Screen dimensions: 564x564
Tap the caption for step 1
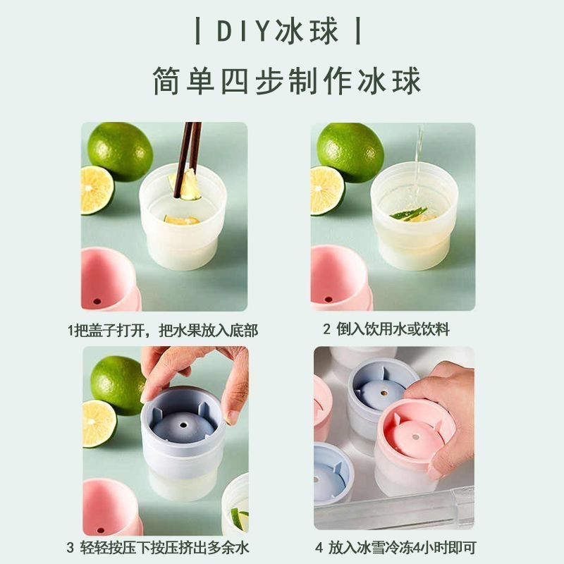(163, 330)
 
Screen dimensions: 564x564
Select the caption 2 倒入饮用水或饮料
(386, 330)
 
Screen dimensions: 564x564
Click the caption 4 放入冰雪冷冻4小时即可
(392, 547)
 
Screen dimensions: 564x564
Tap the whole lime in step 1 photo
(120, 151)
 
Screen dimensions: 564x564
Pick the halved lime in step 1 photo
(96, 190)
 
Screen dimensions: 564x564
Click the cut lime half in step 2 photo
(326, 190)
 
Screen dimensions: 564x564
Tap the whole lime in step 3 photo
(117, 384)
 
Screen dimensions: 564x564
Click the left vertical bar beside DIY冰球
(199, 32)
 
